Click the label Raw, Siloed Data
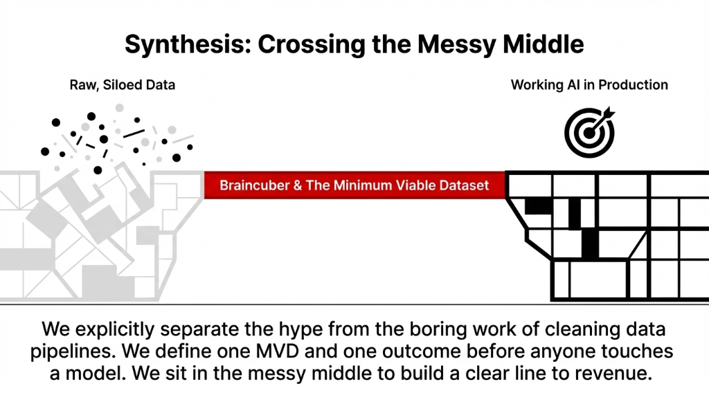point(123,85)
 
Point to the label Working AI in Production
point(589,85)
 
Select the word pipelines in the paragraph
point(74,351)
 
